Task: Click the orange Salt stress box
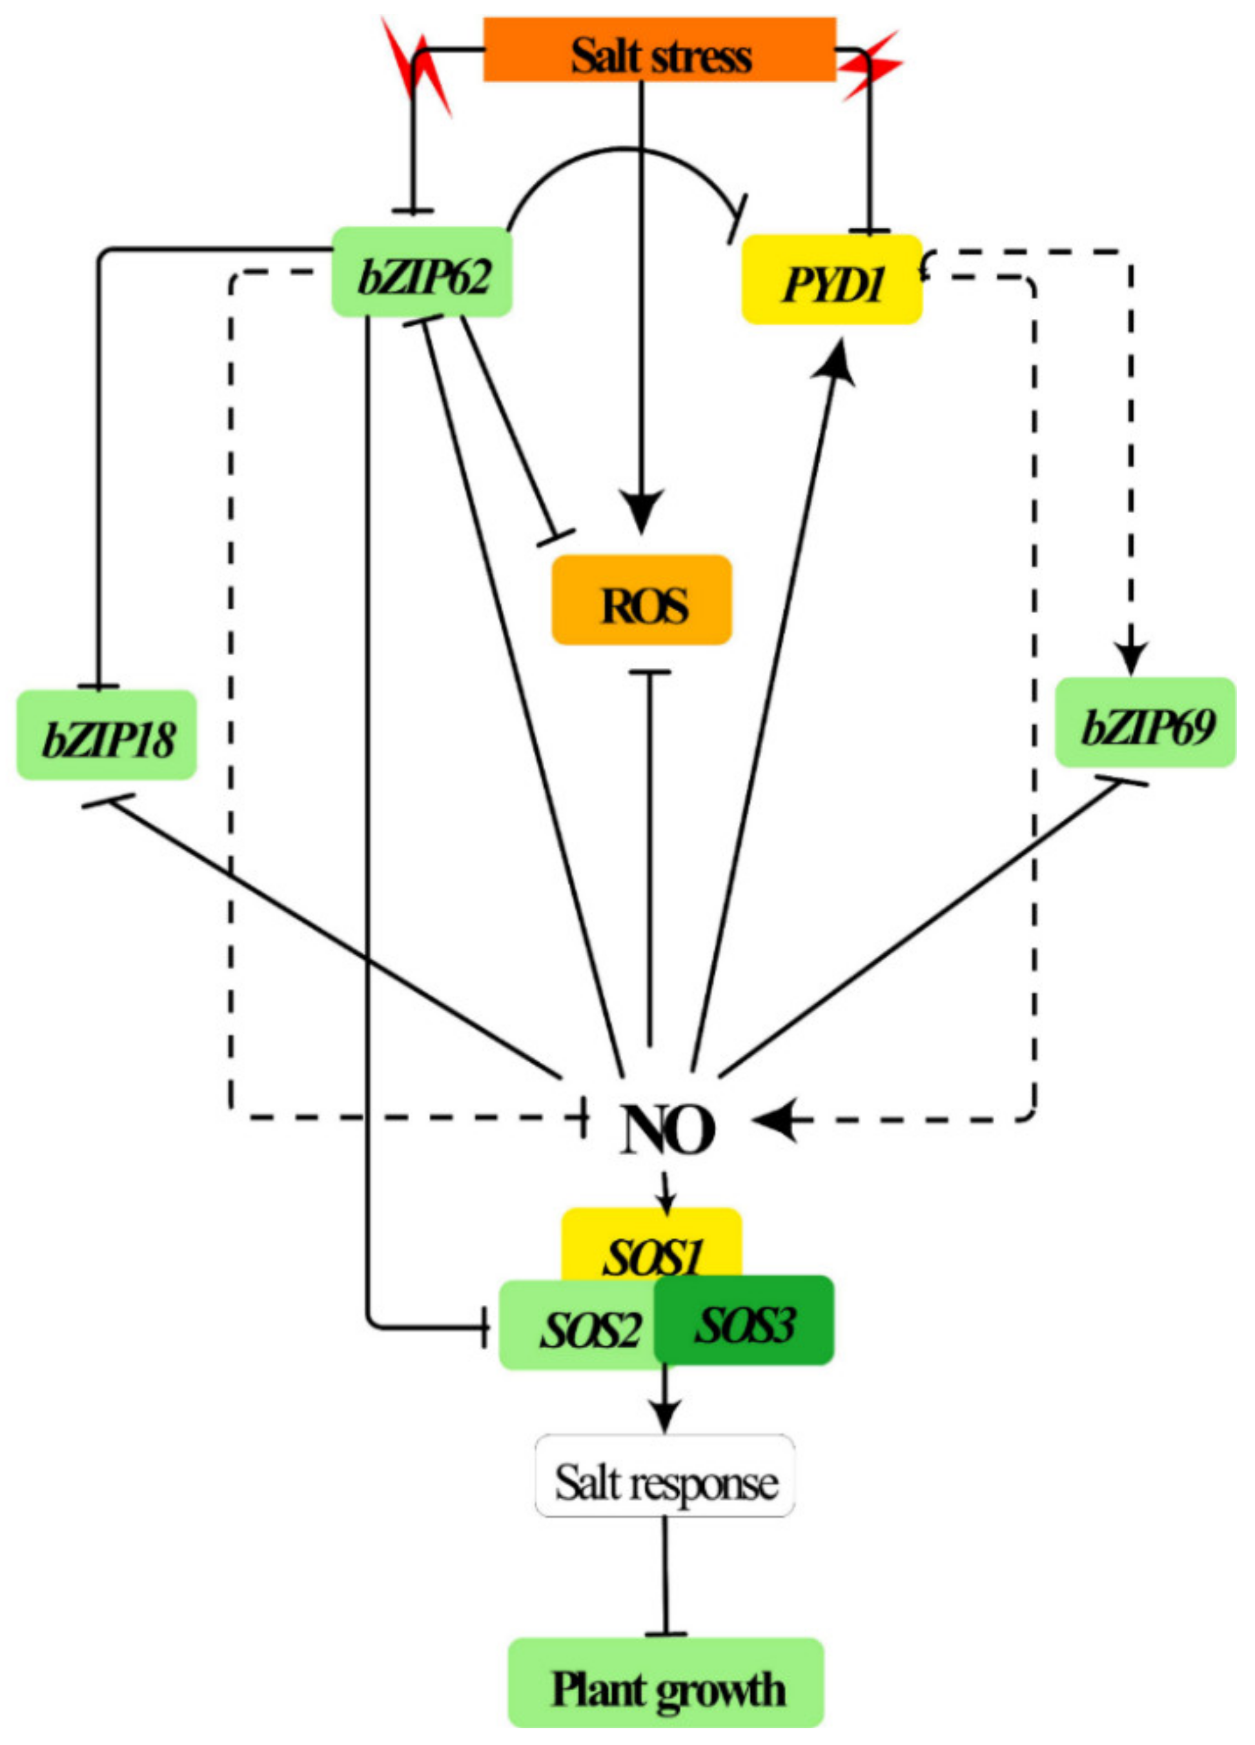point(658,49)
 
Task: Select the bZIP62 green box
point(422,272)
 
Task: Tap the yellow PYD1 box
point(831,279)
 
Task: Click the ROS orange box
point(641,600)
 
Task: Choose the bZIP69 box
point(1144,721)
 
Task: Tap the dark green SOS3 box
point(743,1320)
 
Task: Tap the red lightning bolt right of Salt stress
point(870,65)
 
